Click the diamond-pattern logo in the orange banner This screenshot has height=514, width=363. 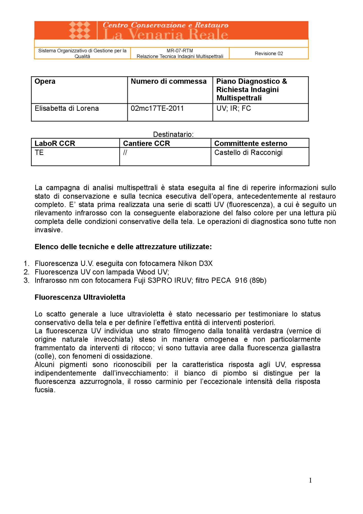coord(80,30)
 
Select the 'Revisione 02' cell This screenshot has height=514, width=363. coord(269,53)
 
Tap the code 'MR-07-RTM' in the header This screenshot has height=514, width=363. coord(180,51)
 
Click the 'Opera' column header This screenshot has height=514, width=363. coord(45,81)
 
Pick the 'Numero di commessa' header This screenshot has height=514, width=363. coord(169,81)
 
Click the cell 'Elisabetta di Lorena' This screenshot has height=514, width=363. coord(67,108)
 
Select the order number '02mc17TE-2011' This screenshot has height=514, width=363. coord(157,108)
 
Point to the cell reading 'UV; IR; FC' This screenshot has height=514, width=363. coord(233,108)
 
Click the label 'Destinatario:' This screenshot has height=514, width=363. coord(173,134)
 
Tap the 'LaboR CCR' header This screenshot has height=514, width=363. coord(55,143)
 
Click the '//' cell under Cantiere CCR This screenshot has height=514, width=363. coord(125,153)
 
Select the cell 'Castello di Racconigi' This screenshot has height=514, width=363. coord(248,153)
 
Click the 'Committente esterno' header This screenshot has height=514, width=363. coord(251,143)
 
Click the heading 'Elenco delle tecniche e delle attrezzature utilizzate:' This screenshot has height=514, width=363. coord(123,247)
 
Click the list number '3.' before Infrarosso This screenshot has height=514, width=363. coord(26,280)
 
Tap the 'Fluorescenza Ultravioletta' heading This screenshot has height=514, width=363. coord(80,297)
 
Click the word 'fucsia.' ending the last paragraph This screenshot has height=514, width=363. coord(45,390)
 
